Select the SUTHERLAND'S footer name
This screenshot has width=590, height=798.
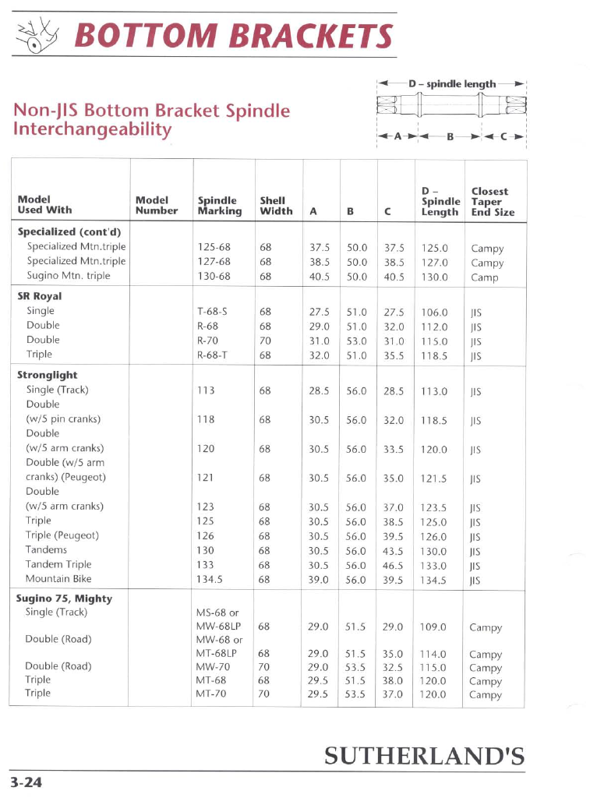pos(423,755)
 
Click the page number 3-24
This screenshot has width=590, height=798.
pos(26,782)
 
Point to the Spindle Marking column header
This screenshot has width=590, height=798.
pos(220,206)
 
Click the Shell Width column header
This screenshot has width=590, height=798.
pos(276,206)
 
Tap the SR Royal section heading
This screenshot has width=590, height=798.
pos(40,296)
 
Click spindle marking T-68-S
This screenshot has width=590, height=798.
pos(212,311)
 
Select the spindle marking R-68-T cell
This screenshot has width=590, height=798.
pos(212,355)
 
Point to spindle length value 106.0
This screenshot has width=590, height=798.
pos(434,312)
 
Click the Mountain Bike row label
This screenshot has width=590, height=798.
pos(58,579)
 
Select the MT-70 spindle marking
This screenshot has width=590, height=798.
pos(210,694)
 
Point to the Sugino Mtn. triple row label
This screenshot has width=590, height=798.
pos(69,276)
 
